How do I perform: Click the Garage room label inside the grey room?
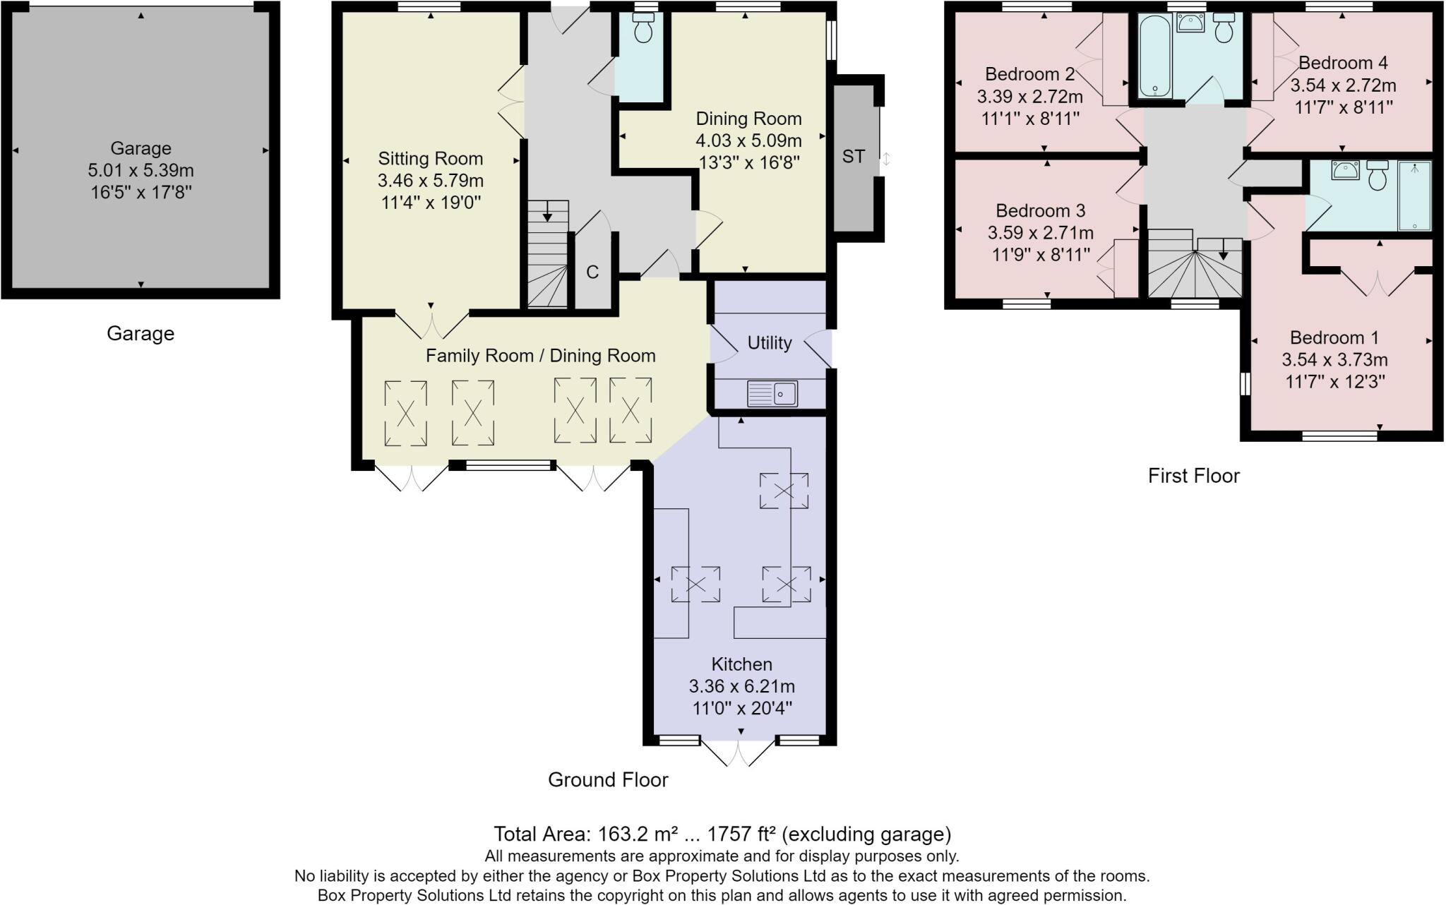pos(141,148)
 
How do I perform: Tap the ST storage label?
pos(853,157)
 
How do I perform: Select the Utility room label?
pos(769,343)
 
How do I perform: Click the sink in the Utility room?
pos(772,393)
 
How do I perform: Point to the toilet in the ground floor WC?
pos(643,30)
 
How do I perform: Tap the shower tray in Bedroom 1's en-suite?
pos(1414,196)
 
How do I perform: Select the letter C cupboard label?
pos(592,272)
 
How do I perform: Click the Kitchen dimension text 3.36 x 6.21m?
pos(741,686)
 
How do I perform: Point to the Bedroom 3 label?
pos(1040,210)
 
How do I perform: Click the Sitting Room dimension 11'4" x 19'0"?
pos(430,203)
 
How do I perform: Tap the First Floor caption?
pos(1193,476)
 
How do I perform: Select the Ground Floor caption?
pos(608,779)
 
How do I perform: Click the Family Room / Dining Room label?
pos(540,356)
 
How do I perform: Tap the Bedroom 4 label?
pos(1342,63)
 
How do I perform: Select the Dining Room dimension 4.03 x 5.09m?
pos(748,140)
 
